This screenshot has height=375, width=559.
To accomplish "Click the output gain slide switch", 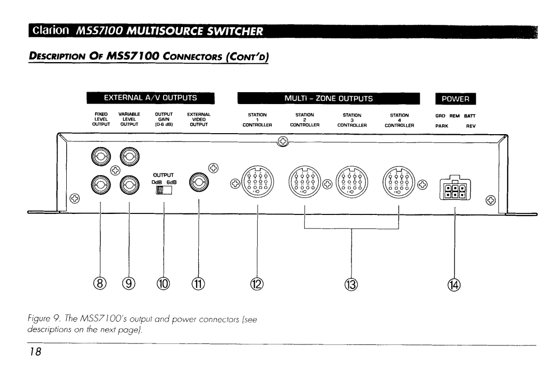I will click(164, 191).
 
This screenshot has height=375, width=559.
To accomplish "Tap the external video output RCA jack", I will click(199, 182).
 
